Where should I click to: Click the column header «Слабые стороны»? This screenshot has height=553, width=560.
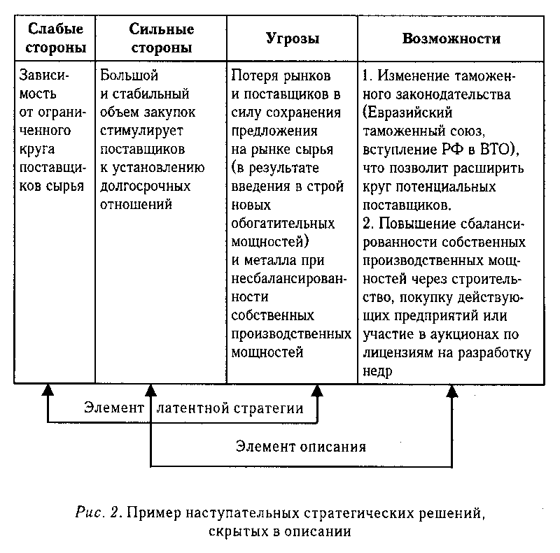[x=56, y=38]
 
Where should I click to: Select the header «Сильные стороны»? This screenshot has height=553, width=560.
[x=162, y=38]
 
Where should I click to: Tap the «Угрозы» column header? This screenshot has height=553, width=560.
[x=293, y=38]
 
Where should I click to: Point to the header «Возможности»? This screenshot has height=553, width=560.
[x=451, y=38]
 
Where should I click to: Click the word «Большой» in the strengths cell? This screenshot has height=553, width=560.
[x=129, y=75]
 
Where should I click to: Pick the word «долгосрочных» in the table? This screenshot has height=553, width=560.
[x=145, y=186]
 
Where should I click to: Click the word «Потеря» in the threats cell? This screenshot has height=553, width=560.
[x=255, y=76]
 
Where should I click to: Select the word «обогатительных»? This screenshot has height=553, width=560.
[x=283, y=224]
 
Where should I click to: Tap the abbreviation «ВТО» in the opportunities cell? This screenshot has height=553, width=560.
[x=494, y=149]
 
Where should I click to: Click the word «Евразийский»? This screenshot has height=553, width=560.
[x=407, y=113]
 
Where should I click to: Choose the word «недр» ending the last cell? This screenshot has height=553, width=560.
[x=377, y=371]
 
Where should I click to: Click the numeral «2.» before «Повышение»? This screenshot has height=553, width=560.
[x=368, y=223]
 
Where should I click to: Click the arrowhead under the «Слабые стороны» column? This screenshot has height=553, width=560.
[x=48, y=390]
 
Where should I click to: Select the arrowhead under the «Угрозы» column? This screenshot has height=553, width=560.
[x=317, y=390]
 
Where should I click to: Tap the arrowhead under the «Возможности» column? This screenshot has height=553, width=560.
[x=452, y=391]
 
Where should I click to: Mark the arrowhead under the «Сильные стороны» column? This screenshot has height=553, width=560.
[x=150, y=390]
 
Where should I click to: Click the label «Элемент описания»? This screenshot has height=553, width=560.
[x=301, y=447]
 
